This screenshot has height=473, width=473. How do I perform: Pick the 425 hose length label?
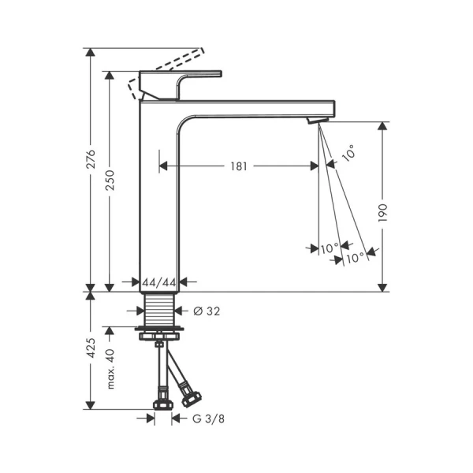91,348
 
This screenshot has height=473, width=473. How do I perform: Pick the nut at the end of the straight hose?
162,403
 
